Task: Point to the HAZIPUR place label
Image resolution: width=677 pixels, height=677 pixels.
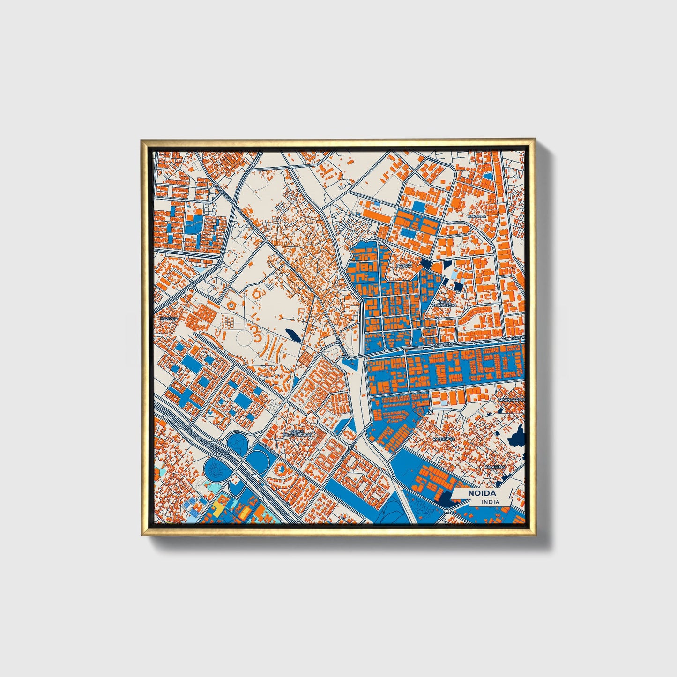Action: (169, 319)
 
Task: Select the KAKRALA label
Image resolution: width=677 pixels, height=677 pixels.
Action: (476, 216)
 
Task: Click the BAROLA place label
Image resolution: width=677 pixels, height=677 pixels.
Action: (404, 266)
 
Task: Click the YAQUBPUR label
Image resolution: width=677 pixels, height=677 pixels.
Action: (443, 439)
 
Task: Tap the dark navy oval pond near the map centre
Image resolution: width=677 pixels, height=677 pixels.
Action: (291, 335)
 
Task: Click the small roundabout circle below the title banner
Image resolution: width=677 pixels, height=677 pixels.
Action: (448, 510)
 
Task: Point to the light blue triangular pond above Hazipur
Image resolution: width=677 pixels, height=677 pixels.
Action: (201, 269)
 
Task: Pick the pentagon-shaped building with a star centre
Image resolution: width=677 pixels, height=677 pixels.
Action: (231, 305)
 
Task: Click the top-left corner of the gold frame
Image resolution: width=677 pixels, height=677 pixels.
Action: (142, 140)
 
